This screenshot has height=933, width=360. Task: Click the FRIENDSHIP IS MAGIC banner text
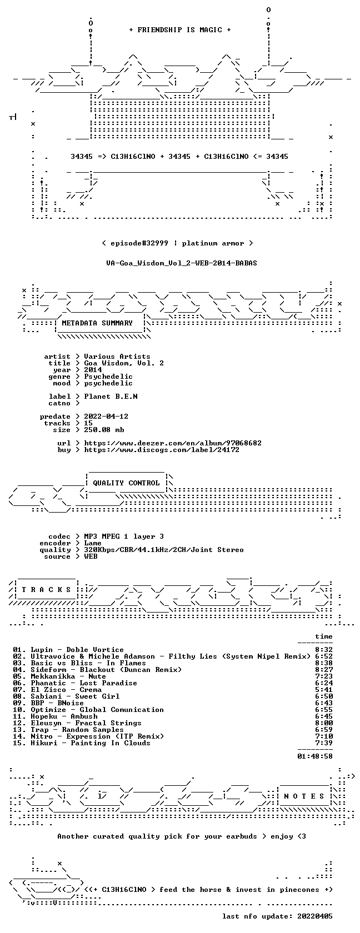pyautogui.click(x=180, y=30)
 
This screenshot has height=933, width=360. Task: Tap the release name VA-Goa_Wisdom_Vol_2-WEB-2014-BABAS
pyautogui.click(x=182, y=263)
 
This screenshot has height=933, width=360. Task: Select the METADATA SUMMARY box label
pyautogui.click(x=97, y=323)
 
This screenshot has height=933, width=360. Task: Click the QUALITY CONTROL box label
pyautogui.click(x=126, y=483)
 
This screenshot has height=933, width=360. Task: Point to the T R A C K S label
pyautogui.click(x=46, y=590)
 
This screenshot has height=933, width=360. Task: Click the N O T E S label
pyautogui.click(x=304, y=796)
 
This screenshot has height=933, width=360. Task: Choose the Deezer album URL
pyautogui.click(x=173, y=443)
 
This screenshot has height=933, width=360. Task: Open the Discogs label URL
pyautogui.click(x=162, y=450)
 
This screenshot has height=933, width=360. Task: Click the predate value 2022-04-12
pyautogui.click(x=106, y=417)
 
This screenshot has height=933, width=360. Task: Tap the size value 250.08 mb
pyautogui.click(x=104, y=430)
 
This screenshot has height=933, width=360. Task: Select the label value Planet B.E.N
pyautogui.click(x=111, y=397)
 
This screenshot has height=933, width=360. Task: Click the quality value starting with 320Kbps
pyautogui.click(x=164, y=550)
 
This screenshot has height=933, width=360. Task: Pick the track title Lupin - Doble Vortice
pyautogui.click(x=77, y=650)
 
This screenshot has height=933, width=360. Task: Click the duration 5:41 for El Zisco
pyautogui.click(x=324, y=690)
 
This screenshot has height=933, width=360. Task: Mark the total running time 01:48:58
pyautogui.click(x=315, y=756)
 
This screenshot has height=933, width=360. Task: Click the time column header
pyautogui.click(x=324, y=636)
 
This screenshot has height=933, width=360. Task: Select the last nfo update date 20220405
pyautogui.click(x=315, y=916)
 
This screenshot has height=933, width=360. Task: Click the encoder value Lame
pyautogui.click(x=93, y=543)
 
